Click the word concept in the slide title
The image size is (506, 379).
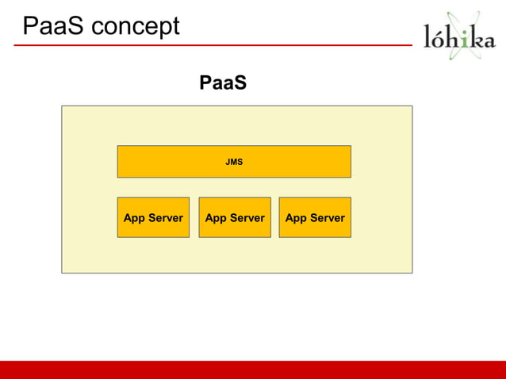click(x=136, y=28)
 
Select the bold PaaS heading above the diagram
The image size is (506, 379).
click(x=223, y=82)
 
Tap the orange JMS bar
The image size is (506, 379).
click(x=234, y=162)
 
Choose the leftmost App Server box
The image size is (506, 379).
click(x=153, y=217)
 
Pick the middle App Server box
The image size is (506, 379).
click(x=235, y=217)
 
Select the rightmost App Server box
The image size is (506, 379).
click(x=315, y=217)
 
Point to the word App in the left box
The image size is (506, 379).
click(x=134, y=218)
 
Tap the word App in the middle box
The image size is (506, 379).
click(x=216, y=218)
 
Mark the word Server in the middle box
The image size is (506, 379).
click(x=247, y=218)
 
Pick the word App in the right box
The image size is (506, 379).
click(x=296, y=218)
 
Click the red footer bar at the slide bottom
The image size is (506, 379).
click(x=253, y=369)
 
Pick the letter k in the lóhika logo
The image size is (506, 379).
click(x=475, y=38)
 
